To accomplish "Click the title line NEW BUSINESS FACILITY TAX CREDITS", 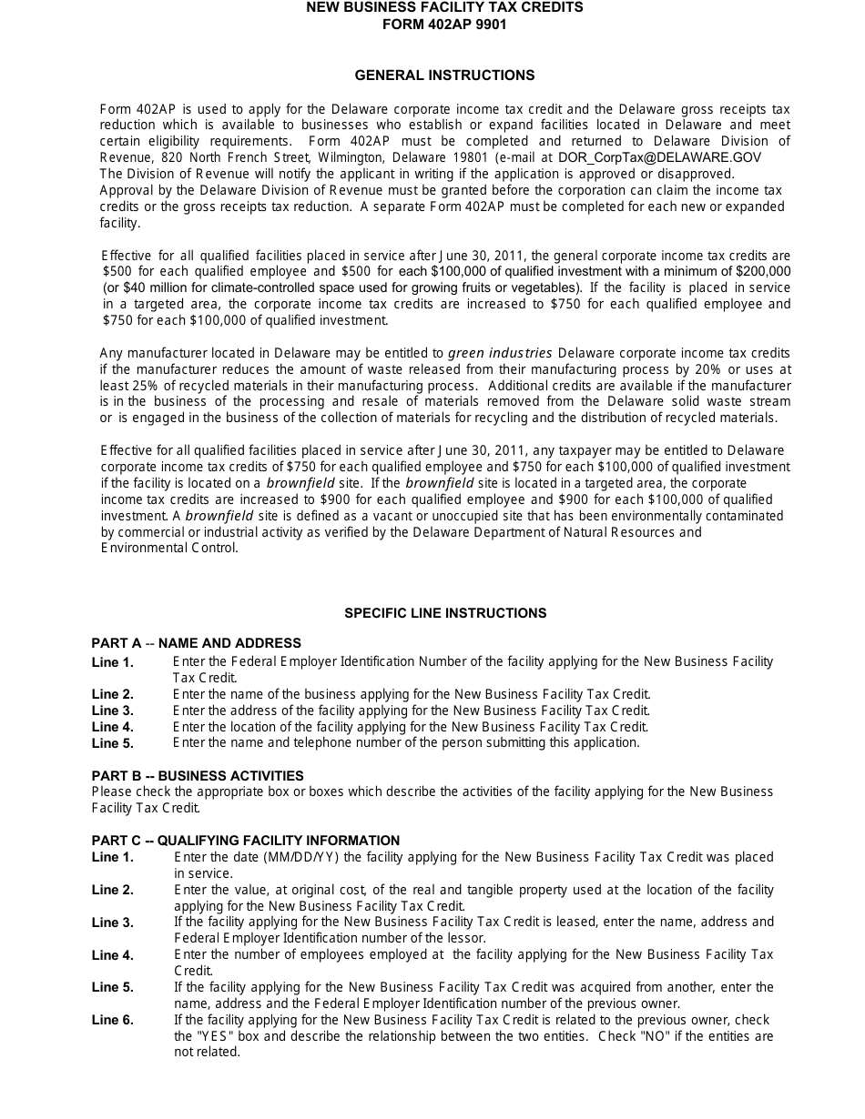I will [444, 7].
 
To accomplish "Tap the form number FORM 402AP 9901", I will [444, 25].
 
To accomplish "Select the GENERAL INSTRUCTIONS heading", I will [444, 76].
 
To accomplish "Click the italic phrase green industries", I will [500, 353].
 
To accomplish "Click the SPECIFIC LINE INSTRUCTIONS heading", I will [445, 613].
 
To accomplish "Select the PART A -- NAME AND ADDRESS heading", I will [196, 643].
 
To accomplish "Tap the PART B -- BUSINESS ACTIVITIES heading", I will [198, 776].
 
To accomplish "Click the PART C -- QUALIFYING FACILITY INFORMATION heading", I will [245, 841].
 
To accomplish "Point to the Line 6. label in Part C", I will [112, 1021].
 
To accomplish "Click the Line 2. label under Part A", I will [112, 695].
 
